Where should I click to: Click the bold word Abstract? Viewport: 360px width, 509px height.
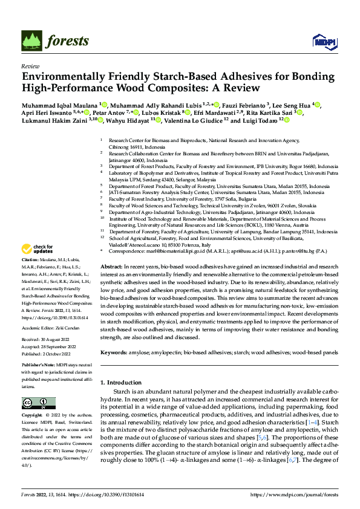point(112,267)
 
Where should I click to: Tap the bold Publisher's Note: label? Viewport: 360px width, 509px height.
point(38,366)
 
